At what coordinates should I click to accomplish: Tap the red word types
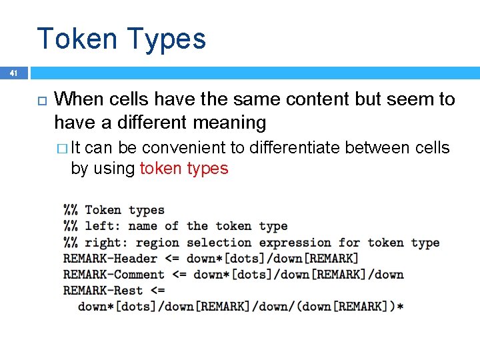pyautogui.click(x=207, y=169)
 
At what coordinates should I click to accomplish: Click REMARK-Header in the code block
pyautogui.click(x=110, y=259)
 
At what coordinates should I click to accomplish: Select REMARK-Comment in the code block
pyautogui.click(x=114, y=275)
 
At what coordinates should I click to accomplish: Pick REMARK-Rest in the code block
pyautogui.click(x=103, y=291)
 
